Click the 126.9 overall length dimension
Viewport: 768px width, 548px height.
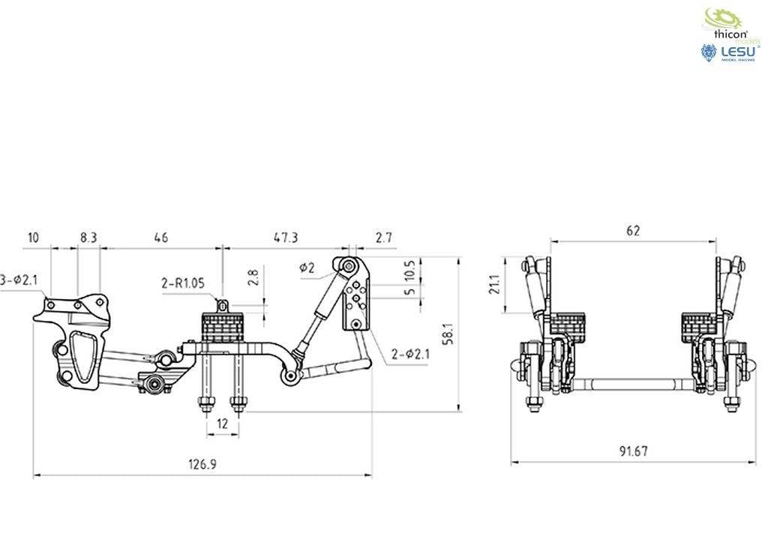point(202,465)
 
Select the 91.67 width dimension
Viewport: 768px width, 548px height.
point(634,451)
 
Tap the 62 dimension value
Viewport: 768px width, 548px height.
point(633,231)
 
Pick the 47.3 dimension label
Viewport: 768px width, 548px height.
point(286,238)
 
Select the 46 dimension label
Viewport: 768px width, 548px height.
point(160,238)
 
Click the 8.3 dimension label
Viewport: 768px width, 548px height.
point(88,238)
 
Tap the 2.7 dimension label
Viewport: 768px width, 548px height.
point(384,238)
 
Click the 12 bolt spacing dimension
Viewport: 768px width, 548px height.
point(222,424)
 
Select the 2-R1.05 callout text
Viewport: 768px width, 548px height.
point(182,284)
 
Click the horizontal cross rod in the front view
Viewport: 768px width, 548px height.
point(630,386)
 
